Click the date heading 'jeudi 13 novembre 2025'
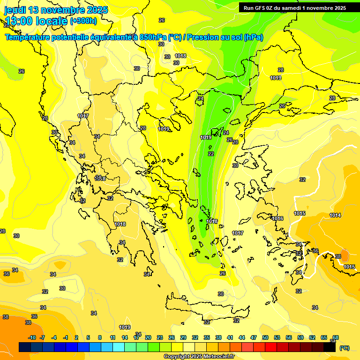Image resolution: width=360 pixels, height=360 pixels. (x=56, y=10)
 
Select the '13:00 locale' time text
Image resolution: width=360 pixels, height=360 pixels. (x=37, y=21)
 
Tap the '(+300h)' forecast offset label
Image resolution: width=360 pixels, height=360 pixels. (x=83, y=21)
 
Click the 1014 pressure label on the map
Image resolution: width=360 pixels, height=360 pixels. (x=335, y=215)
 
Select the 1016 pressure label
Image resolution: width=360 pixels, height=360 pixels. (x=277, y=218)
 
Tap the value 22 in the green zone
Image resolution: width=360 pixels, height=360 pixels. (x=211, y=154)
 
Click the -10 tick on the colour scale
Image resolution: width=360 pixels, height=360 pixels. (x=32, y=337)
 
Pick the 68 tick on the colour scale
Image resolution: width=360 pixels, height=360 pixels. (x=336, y=337)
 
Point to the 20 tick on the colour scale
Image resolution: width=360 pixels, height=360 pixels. (x=148, y=337)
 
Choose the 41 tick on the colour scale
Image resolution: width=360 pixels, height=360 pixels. (x=230, y=337)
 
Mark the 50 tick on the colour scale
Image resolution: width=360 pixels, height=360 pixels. (x=265, y=337)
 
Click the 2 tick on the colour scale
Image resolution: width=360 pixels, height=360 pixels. (x=76, y=337)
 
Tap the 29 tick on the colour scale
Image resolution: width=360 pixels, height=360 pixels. (x=183, y=337)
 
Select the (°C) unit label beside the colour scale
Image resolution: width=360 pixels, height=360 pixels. (x=344, y=348)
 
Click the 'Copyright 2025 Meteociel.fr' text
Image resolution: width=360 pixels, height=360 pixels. (x=199, y=356)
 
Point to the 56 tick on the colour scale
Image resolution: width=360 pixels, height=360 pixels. (x=289, y=337)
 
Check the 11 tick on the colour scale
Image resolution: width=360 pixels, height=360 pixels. (x=112, y=337)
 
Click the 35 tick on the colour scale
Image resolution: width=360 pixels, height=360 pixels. (x=207, y=337)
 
